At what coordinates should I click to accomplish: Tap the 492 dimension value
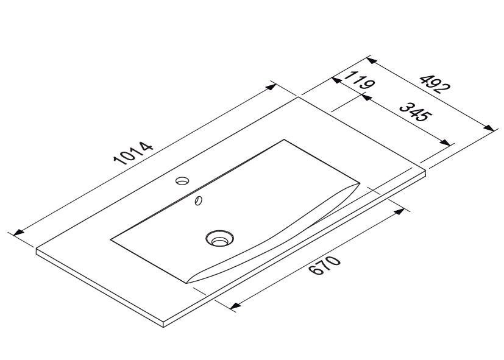coord(436,84)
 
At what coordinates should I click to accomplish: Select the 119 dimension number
coord(360,80)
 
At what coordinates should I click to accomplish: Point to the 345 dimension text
coord(414,111)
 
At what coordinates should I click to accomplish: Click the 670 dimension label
coord(324,265)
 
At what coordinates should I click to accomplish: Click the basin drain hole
coord(219,239)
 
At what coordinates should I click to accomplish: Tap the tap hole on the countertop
coord(182,180)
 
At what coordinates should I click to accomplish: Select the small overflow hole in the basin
coord(198,200)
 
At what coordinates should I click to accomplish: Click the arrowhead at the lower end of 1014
coord(19,232)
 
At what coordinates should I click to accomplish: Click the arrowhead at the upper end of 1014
coord(271,86)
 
